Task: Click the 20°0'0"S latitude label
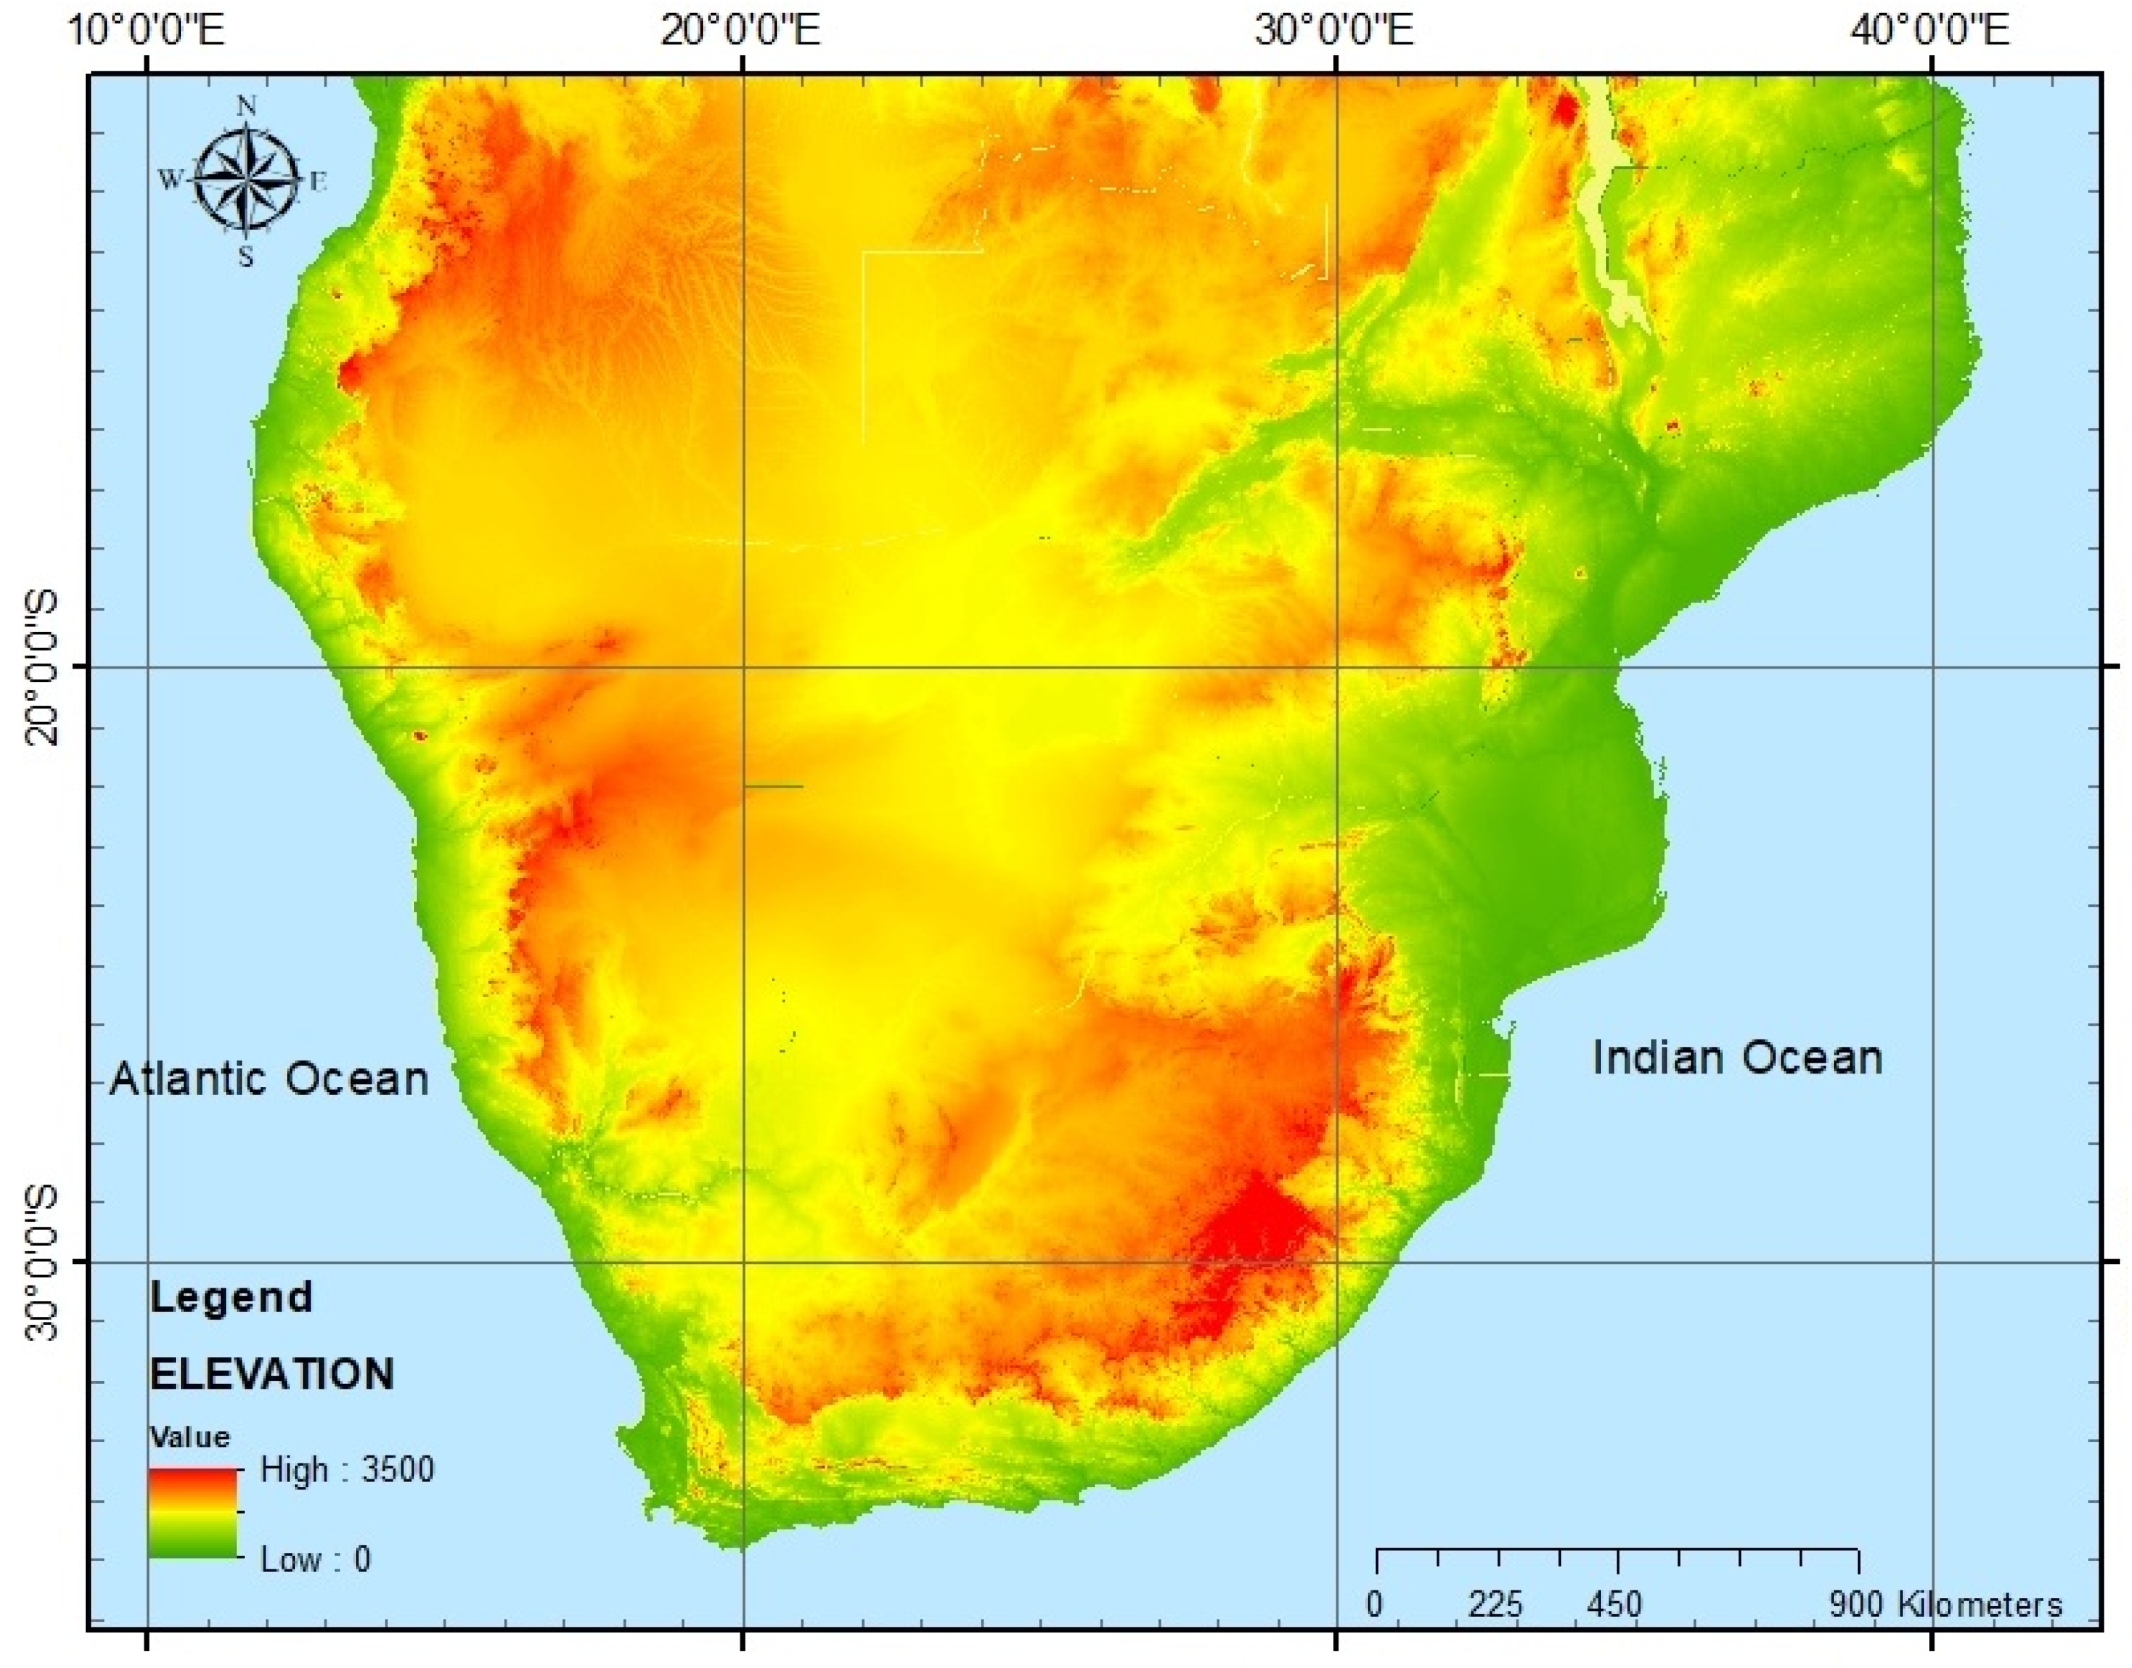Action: pos(39,667)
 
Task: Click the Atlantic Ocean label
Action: pos(268,1079)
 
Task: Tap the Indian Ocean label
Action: pos(1737,1058)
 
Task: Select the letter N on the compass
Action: pos(247,106)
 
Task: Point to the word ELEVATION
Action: pos(271,1374)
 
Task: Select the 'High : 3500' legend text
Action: pos(347,1470)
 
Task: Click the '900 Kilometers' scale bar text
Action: pos(1944,1604)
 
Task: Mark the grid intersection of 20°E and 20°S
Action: pos(744,668)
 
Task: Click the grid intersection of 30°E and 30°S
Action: pos(1335,1261)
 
